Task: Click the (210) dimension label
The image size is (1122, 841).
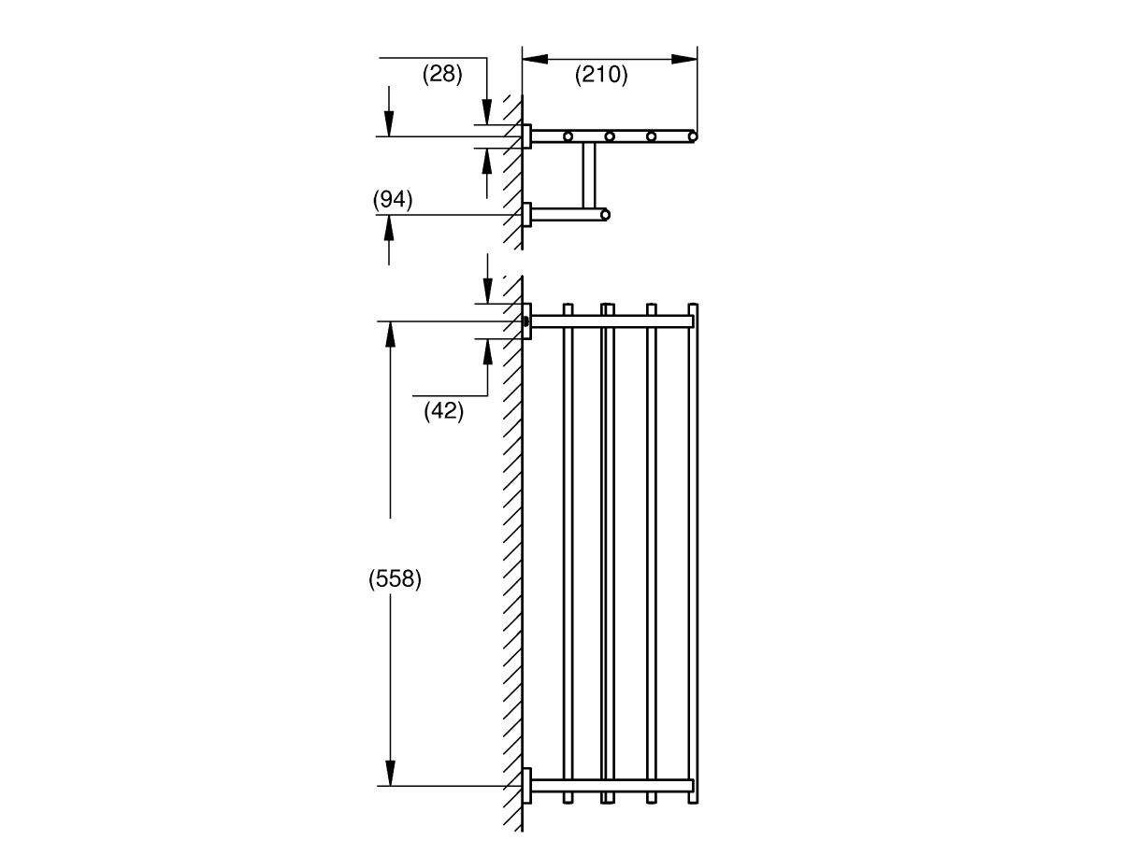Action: [601, 75]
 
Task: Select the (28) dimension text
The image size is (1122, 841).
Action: [442, 74]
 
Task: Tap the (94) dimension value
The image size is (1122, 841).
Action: [393, 199]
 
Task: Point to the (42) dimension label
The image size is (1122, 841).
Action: [444, 410]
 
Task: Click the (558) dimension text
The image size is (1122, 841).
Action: [396, 579]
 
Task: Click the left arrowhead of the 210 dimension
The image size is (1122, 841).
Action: [535, 59]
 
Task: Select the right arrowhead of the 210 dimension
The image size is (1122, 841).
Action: [684, 59]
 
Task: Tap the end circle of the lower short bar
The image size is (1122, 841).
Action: [605, 215]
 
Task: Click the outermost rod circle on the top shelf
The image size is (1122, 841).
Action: [693, 136]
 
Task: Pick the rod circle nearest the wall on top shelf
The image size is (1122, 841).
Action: [568, 136]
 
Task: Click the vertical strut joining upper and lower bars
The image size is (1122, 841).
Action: [589, 175]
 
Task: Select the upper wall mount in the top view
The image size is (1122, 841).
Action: [526, 136]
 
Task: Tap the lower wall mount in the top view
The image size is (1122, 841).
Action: [526, 215]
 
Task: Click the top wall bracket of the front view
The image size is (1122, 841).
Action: [526, 321]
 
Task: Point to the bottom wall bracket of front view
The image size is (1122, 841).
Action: [526, 786]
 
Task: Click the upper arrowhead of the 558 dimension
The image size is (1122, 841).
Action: [391, 334]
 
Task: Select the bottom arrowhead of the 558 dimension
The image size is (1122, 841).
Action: [391, 773]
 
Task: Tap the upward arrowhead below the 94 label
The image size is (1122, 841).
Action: [389, 228]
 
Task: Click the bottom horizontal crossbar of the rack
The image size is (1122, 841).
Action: [612, 786]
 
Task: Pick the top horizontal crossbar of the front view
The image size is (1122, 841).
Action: [612, 321]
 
